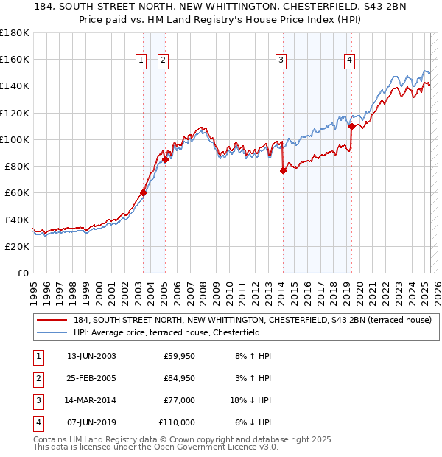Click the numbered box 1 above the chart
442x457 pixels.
click(140, 61)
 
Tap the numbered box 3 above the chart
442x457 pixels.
click(281, 61)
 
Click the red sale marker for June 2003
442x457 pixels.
click(143, 193)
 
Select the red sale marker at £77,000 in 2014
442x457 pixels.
click(283, 170)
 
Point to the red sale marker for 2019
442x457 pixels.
click(351, 126)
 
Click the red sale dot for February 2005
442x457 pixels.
click(165, 159)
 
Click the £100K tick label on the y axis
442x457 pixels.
click(15, 139)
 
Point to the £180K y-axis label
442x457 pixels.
click(15, 33)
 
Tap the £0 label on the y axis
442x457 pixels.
click(23, 273)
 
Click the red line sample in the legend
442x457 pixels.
click(52, 320)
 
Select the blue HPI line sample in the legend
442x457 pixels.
click(52, 332)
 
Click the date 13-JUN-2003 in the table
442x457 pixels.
click(91, 356)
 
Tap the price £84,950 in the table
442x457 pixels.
click(179, 378)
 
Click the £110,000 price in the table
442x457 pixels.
click(178, 422)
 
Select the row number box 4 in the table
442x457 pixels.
click(38, 422)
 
